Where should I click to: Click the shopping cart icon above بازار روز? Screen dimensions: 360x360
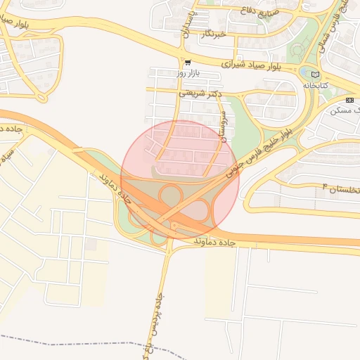coord(186,63)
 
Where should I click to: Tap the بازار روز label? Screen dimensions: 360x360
coord(169,72)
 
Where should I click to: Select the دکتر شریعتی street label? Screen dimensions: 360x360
coord(200,93)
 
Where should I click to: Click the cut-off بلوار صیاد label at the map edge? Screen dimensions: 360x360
coord(15,19)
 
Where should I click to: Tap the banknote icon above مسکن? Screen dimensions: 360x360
coord(349,100)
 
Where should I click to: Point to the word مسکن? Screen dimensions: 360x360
coord(349,110)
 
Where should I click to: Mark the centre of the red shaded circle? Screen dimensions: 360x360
coord(180,180)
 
